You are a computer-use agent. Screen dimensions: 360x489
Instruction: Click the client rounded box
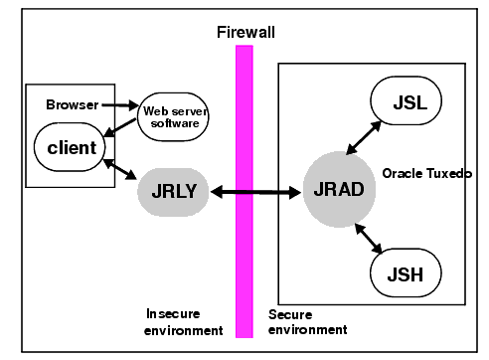pos(72,148)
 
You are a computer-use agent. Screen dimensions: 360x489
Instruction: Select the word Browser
pos(72,103)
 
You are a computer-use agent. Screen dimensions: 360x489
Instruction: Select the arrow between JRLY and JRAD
pos(255,191)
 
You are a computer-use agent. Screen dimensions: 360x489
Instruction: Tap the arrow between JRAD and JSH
pos(369,238)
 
